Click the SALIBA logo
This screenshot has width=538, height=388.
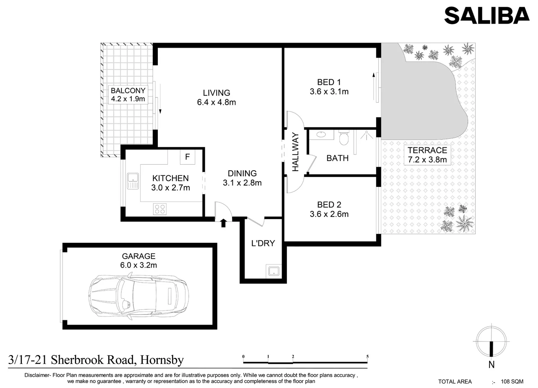pyautogui.click(x=487, y=16)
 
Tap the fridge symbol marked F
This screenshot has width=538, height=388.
pyautogui.click(x=187, y=157)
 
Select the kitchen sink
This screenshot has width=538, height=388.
pyautogui.click(x=133, y=181)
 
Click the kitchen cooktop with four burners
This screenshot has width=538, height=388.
pyautogui.click(x=160, y=209)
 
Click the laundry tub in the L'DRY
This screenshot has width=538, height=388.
pyautogui.click(x=273, y=271)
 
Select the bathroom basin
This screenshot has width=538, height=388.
pyautogui.click(x=321, y=135)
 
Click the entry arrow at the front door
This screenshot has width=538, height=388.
pyautogui.click(x=223, y=223)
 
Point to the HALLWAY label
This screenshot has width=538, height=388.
pyautogui.click(x=295, y=152)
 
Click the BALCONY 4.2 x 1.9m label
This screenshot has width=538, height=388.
pyautogui.click(x=128, y=95)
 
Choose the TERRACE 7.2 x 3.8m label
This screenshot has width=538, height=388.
pyautogui.click(x=427, y=155)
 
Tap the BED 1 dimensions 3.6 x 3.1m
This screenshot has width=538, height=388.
pyautogui.click(x=329, y=92)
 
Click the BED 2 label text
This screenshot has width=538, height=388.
pyautogui.click(x=329, y=205)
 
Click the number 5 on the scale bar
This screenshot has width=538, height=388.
pyautogui.click(x=367, y=357)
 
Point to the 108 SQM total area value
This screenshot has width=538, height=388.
pyautogui.click(x=512, y=382)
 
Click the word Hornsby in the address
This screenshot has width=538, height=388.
pyautogui.click(x=162, y=360)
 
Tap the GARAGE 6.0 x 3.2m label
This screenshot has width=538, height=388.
pyautogui.click(x=139, y=260)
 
